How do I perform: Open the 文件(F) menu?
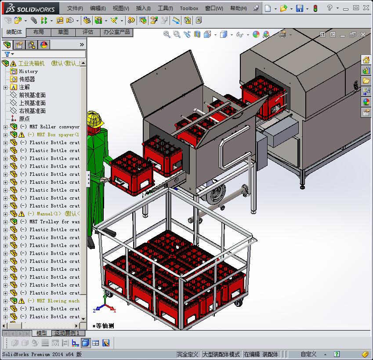click(x=75, y=8)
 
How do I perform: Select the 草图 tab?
click(x=63, y=32)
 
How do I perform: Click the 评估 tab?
click(x=87, y=32)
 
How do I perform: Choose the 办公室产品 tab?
click(x=116, y=32)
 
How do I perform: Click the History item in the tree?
click(x=28, y=71)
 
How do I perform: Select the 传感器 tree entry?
click(x=27, y=79)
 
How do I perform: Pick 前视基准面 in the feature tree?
click(x=32, y=95)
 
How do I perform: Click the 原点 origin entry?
click(x=24, y=119)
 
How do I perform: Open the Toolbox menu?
click(x=189, y=8)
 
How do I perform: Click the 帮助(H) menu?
click(x=238, y=8)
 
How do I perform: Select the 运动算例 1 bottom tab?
click(x=66, y=333)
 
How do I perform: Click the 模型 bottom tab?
click(x=41, y=333)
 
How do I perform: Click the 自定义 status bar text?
click(x=308, y=354)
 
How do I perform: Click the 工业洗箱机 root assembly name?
click(x=31, y=63)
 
